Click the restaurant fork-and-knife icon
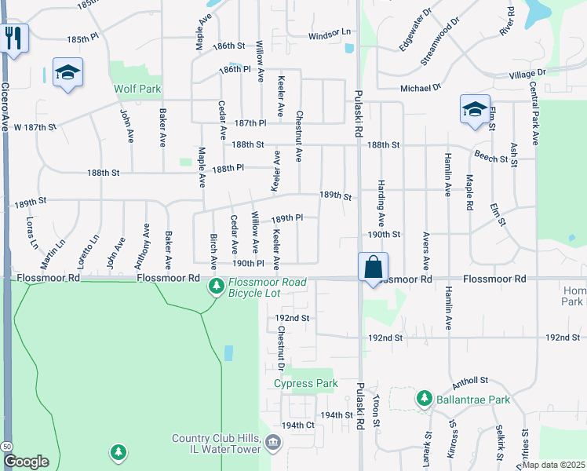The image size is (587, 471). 13,38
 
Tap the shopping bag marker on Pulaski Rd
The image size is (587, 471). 374,266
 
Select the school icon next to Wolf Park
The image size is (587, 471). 68,73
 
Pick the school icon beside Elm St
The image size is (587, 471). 475,109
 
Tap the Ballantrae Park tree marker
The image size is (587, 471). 425,400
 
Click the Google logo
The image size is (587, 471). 26,462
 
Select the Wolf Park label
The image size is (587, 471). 137,89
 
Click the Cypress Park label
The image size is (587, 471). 305,384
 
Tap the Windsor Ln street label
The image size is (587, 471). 329,35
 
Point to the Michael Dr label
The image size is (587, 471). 421,89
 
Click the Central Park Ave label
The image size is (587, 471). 534,113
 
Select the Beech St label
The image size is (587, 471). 492,157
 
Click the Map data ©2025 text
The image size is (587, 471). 552,465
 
